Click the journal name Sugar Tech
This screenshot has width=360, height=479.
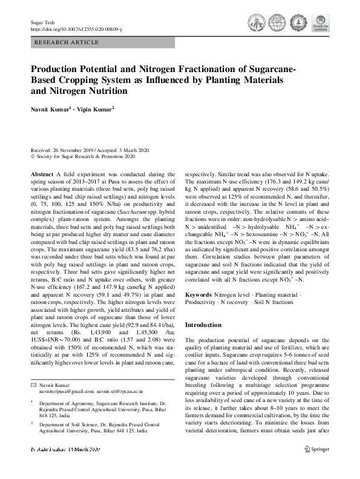39,22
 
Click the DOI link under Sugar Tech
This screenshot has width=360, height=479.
76,28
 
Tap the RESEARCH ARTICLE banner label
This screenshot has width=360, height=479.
68,43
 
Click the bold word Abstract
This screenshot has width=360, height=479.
44,174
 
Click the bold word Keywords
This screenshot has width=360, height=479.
199,294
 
